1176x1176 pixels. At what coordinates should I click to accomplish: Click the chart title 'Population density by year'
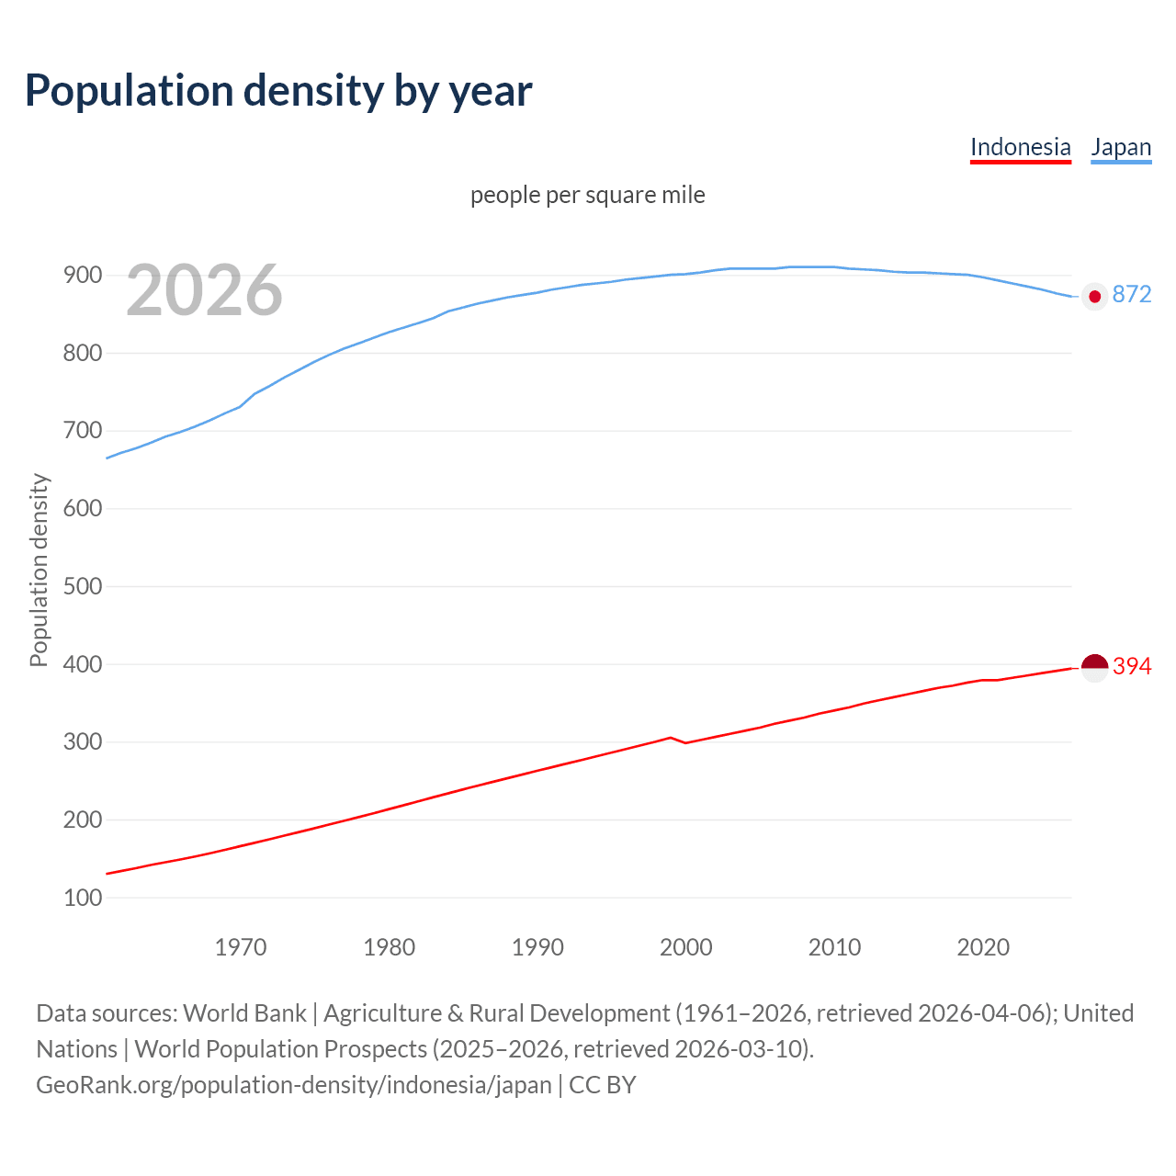tap(278, 91)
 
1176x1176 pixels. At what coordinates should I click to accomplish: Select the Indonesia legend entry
tap(1020, 147)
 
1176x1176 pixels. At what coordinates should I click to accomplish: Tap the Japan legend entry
tap(1120, 147)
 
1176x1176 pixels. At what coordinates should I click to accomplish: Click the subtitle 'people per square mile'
tap(587, 195)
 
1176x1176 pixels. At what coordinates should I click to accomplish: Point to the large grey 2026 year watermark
tap(204, 290)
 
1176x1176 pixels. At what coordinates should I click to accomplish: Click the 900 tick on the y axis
tap(82, 276)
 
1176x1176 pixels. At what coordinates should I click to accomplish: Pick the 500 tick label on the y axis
tap(82, 586)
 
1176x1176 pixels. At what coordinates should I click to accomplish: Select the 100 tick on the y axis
tap(82, 898)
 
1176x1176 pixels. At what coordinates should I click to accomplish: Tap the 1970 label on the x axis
tap(241, 947)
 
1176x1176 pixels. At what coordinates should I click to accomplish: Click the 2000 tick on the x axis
tap(685, 947)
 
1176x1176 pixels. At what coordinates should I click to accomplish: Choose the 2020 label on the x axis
tap(983, 947)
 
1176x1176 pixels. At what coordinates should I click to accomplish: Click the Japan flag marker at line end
tap(1094, 296)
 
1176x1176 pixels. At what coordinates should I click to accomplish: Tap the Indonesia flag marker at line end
tap(1094, 667)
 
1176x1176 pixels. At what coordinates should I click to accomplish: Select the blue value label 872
tap(1131, 294)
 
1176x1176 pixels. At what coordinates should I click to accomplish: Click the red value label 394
tap(1131, 666)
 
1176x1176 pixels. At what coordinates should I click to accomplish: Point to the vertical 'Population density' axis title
tap(39, 570)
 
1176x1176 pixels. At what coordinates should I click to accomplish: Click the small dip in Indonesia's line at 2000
tap(685, 742)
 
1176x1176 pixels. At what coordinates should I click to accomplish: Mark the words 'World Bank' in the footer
tap(244, 1012)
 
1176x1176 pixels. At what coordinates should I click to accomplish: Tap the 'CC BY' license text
tap(603, 1084)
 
